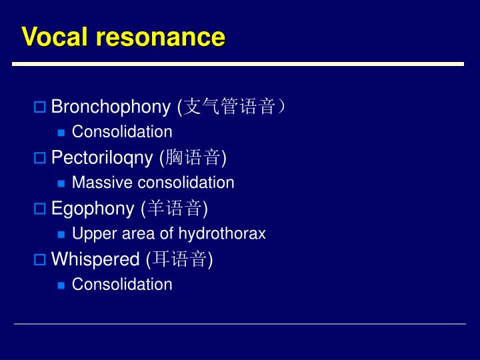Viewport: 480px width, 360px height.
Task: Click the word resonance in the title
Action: pos(160,37)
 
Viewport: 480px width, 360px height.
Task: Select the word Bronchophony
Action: pos(111,107)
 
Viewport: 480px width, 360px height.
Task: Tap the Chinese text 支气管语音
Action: pos(229,107)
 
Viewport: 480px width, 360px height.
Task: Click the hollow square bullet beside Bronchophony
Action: pos(39,107)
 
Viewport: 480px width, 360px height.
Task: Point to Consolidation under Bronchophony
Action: pos(122,132)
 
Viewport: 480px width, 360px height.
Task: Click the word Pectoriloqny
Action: pos(103,157)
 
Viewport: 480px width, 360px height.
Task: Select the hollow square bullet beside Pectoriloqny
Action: pos(39,158)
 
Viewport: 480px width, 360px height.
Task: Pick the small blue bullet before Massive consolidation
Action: pos(61,183)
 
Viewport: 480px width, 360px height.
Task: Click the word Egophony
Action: pos(93,208)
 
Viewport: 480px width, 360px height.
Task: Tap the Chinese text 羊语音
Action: pos(174,208)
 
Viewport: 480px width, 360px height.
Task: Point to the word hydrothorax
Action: pos(222,233)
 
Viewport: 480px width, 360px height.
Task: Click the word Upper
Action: pos(90,233)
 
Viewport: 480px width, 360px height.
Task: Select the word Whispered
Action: pos(95,259)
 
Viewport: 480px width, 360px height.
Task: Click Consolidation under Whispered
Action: pos(122,284)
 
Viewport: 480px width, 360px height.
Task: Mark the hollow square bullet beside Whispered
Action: pos(39,259)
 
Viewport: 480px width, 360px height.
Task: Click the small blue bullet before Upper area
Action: pos(61,234)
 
